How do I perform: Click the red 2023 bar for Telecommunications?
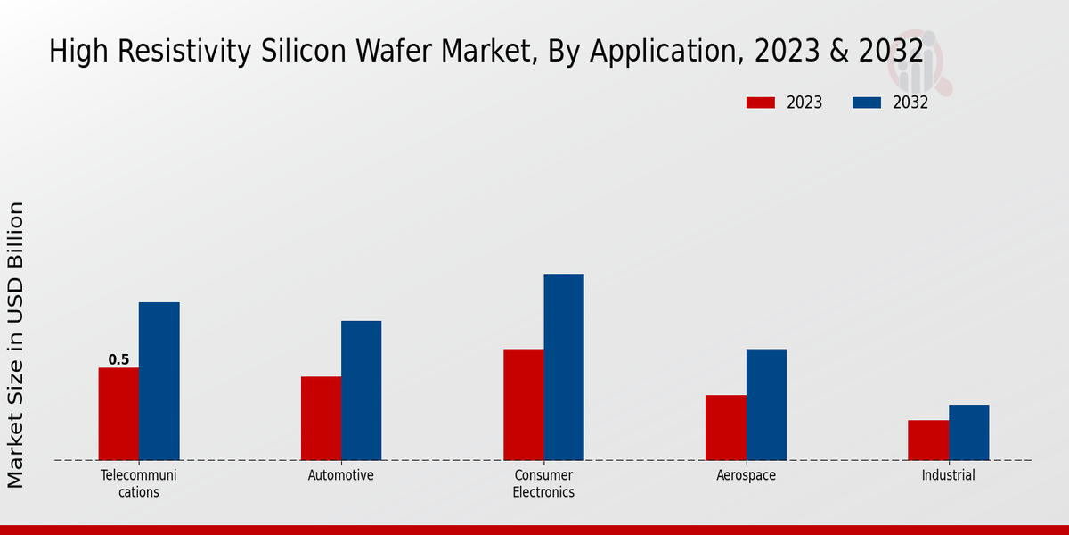(118, 414)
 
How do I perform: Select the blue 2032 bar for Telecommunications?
(159, 381)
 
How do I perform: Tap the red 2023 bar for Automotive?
(321, 418)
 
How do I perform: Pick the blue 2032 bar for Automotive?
(361, 391)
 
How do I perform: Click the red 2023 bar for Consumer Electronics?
(523, 404)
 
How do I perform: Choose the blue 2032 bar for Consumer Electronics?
(564, 366)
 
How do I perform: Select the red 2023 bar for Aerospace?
(725, 427)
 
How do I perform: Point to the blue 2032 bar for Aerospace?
(766, 404)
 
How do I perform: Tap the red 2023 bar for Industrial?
(928, 440)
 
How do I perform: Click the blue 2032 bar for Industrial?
(968, 432)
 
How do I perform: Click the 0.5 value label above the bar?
(118, 360)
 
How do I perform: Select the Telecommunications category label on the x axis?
(138, 483)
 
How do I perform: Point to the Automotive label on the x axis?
(340, 475)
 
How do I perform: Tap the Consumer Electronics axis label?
(543, 483)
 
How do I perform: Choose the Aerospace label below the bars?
(746, 475)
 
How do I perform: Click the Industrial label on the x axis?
(948, 475)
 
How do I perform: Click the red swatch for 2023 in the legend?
(761, 103)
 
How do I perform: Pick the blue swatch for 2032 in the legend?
(867, 103)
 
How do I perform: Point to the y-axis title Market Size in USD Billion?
(16, 344)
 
